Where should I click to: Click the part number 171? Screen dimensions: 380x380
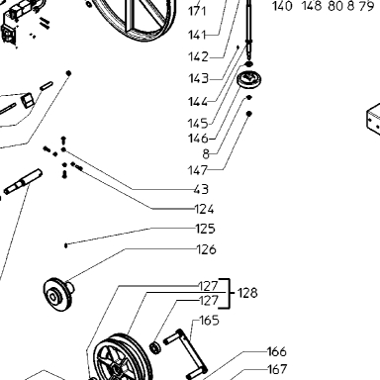(x=197, y=12)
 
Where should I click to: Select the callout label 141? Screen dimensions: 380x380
(x=197, y=35)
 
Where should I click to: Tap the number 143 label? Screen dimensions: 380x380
(x=199, y=78)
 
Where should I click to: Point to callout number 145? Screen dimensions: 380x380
(x=198, y=124)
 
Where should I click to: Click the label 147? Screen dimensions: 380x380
(x=198, y=170)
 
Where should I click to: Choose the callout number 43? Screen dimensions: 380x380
(x=201, y=189)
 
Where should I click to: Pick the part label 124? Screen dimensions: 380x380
(x=205, y=209)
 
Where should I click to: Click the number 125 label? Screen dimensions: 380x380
(x=205, y=229)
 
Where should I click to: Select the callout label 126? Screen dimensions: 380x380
(x=207, y=249)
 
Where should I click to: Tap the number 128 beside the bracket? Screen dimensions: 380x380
(x=247, y=293)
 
